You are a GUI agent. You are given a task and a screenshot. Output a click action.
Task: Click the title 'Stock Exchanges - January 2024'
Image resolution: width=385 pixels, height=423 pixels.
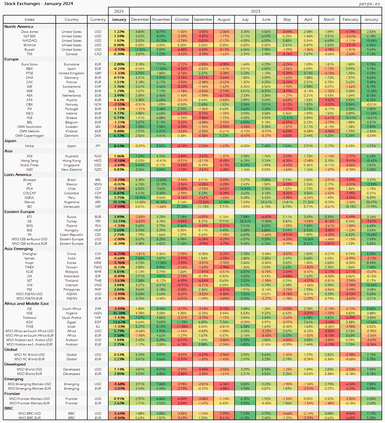[39, 4]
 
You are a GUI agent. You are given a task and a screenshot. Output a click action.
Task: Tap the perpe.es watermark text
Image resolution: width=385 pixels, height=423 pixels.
[369, 4]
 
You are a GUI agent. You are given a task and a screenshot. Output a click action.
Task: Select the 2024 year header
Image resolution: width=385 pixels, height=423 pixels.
[119, 11]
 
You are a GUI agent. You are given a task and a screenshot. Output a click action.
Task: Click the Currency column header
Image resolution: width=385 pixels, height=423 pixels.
[98, 19]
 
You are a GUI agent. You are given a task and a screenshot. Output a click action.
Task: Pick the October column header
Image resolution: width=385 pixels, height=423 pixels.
[182, 19]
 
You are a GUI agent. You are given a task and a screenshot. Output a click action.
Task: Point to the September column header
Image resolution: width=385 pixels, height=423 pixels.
[203, 19]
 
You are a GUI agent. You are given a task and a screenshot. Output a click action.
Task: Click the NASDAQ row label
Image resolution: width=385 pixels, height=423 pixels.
[29, 41]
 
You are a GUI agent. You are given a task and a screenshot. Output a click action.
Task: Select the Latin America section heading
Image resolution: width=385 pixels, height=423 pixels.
[18, 175]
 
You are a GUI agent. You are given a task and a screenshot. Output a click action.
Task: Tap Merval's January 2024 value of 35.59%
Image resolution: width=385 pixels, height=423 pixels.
[119, 202]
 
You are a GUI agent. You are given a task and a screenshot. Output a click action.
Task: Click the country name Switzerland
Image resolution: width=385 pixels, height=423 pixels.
[72, 87]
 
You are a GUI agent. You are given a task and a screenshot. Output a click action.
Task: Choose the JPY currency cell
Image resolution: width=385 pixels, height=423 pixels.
[98, 146]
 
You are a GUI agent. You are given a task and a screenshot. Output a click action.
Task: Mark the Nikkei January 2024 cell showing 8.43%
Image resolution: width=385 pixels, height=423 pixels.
[119, 146]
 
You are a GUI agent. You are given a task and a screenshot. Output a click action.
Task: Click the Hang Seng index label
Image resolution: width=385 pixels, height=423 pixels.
[29, 161]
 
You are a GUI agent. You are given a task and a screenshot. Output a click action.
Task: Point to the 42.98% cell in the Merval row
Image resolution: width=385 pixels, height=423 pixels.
[224, 202]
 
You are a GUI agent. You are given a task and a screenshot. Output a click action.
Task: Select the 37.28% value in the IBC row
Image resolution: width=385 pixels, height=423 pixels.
[182, 207]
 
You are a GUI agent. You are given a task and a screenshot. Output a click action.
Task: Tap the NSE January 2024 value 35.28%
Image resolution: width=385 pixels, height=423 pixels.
[119, 313]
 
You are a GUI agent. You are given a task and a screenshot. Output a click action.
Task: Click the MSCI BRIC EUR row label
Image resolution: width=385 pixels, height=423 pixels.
[29, 418]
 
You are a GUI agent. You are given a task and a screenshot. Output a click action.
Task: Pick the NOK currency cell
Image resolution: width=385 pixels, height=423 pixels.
[98, 105]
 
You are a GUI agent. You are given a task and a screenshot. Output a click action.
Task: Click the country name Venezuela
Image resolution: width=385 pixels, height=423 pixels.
[72, 207]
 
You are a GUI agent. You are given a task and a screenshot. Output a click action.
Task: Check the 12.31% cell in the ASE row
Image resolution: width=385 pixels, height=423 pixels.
[287, 118]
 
